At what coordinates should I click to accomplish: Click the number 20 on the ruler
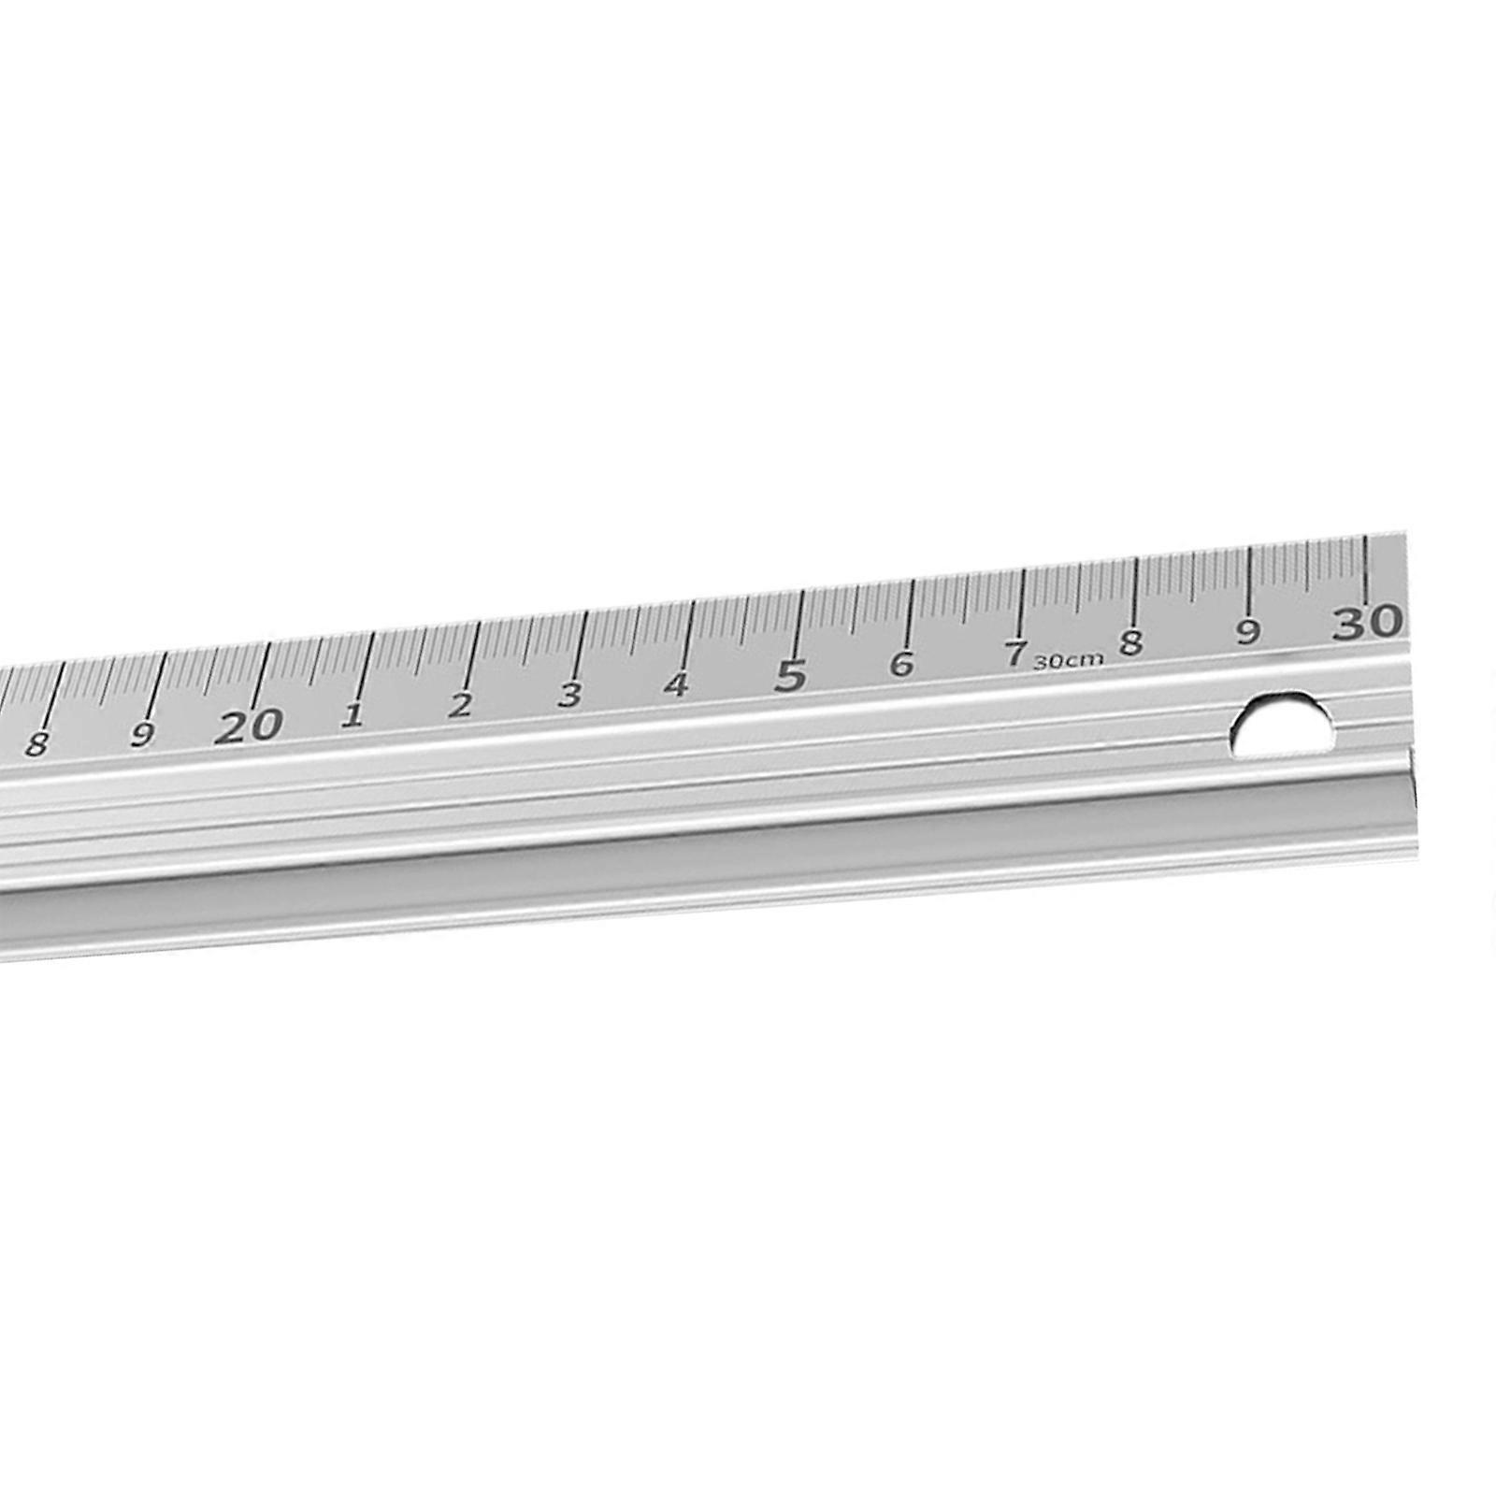pyautogui.click(x=248, y=726)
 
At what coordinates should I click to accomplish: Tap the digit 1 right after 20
pyautogui.click(x=352, y=716)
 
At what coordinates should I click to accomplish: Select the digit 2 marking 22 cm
pyautogui.click(x=458, y=706)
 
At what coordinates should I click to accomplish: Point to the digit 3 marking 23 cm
pyautogui.click(x=569, y=695)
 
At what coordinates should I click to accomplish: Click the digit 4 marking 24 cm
pyautogui.click(x=676, y=685)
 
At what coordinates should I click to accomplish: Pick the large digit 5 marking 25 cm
pyautogui.click(x=791, y=675)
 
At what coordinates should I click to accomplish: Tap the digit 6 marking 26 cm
pyautogui.click(x=900, y=664)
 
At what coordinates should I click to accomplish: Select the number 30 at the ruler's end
pyautogui.click(x=1368, y=622)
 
